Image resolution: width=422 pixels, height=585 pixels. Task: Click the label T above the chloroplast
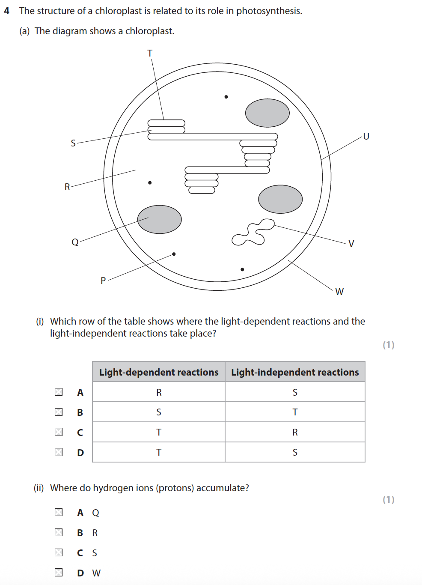pyautogui.click(x=150, y=53)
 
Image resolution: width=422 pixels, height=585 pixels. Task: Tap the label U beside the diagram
pyautogui.click(x=366, y=136)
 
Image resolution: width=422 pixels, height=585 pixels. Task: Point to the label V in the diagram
pyautogui.click(x=351, y=244)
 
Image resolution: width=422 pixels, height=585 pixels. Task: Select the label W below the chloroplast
pyautogui.click(x=339, y=292)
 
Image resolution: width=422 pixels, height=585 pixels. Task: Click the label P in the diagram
pyautogui.click(x=103, y=281)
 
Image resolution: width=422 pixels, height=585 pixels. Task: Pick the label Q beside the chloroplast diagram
pyautogui.click(x=75, y=242)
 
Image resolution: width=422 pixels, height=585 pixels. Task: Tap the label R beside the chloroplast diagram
pyautogui.click(x=67, y=187)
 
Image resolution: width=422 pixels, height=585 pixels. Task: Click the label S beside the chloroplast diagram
pyautogui.click(x=73, y=143)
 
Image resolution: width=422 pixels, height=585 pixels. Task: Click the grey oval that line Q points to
pyautogui.click(x=159, y=219)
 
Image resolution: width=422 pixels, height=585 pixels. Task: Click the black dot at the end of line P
pyautogui.click(x=174, y=254)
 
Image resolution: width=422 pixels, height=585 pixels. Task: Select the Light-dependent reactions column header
pyautogui.click(x=159, y=372)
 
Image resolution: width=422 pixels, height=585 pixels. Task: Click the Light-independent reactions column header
pyautogui.click(x=295, y=372)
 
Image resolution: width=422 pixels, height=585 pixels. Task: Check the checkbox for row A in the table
pyautogui.click(x=59, y=392)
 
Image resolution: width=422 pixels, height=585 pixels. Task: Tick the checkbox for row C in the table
pyautogui.click(x=59, y=432)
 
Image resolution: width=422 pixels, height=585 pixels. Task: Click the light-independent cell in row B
pyautogui.click(x=295, y=412)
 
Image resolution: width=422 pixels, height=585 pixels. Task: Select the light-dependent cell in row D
pyautogui.click(x=159, y=452)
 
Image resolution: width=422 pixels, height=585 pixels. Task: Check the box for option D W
pyautogui.click(x=59, y=573)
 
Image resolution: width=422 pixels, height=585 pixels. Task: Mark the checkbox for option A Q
pyautogui.click(x=59, y=512)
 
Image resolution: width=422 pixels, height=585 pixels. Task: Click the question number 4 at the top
pyautogui.click(x=6, y=11)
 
